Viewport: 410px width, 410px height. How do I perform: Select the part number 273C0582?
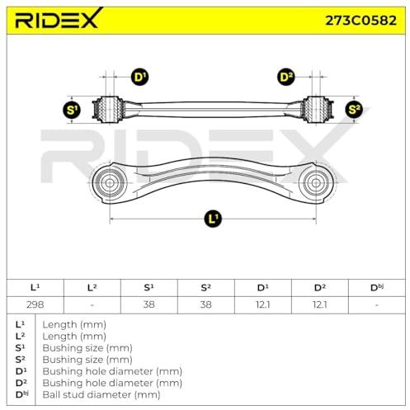click(361, 21)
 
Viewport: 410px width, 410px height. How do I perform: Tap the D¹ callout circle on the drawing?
click(140, 77)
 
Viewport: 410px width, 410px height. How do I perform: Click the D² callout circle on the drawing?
click(286, 77)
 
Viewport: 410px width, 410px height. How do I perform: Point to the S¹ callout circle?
click(72, 110)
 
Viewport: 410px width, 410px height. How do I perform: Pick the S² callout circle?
click(354, 110)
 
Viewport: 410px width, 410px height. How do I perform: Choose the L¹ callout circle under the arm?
click(213, 219)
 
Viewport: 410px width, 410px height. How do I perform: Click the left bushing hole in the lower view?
click(110, 183)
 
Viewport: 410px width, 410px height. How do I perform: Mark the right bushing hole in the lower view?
click(316, 183)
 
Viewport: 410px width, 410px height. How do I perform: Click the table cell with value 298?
click(35, 304)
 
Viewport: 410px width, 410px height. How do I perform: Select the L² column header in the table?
click(92, 288)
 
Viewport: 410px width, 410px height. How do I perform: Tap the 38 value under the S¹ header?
click(148, 304)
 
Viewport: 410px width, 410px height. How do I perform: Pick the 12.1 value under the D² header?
click(320, 304)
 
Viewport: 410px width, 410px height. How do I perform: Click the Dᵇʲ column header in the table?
click(377, 288)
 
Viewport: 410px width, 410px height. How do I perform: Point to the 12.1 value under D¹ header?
click(263, 304)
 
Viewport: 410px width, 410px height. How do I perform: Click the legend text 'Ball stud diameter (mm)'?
click(101, 394)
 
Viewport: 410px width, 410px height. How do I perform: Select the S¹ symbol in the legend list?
click(20, 348)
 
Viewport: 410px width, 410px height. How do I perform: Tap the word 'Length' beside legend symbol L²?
click(59, 337)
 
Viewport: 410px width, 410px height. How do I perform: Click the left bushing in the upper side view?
click(110, 110)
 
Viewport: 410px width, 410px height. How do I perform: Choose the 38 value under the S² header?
click(205, 304)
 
